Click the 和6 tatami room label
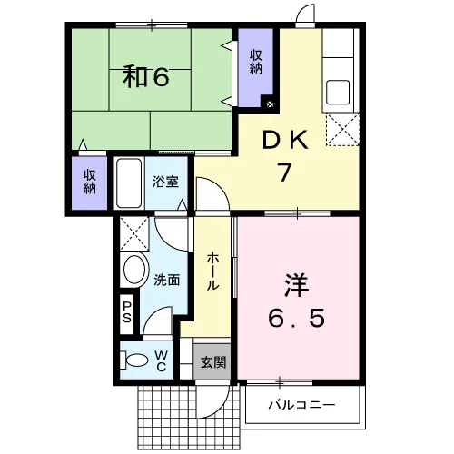[146, 77]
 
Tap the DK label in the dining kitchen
[286, 140]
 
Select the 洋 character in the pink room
[296, 285]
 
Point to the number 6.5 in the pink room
[297, 318]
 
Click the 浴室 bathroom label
[165, 182]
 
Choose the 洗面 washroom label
[167, 280]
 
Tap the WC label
[162, 360]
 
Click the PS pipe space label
[126, 312]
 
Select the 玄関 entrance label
[213, 362]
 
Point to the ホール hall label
[212, 271]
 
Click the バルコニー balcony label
[301, 405]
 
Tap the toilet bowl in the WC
[134, 360]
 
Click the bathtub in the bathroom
[129, 183]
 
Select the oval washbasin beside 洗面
[136, 270]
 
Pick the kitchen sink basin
[338, 92]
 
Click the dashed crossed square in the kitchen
[342, 130]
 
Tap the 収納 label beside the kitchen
[256, 63]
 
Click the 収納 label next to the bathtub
[90, 182]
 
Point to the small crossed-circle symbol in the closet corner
[270, 104]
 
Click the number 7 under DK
[285, 173]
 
